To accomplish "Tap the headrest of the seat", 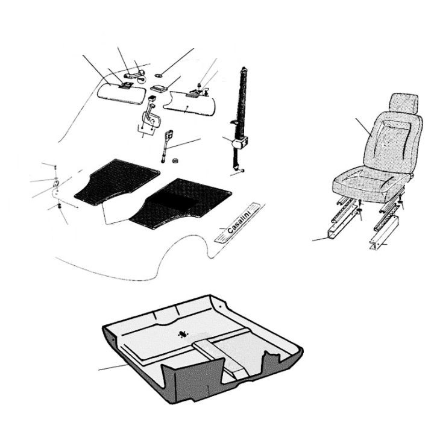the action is click(403, 104).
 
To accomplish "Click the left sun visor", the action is click(121, 93).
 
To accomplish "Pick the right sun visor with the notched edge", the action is click(189, 104).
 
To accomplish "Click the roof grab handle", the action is click(134, 74).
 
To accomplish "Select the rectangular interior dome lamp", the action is click(159, 88).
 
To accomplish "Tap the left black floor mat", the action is click(117, 181).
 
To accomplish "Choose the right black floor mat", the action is click(180, 204).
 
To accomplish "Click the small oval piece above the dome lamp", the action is click(159, 75).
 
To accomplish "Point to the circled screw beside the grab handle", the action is click(142, 80).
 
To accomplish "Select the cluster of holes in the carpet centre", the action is click(183, 334).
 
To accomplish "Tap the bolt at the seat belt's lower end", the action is click(242, 171).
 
